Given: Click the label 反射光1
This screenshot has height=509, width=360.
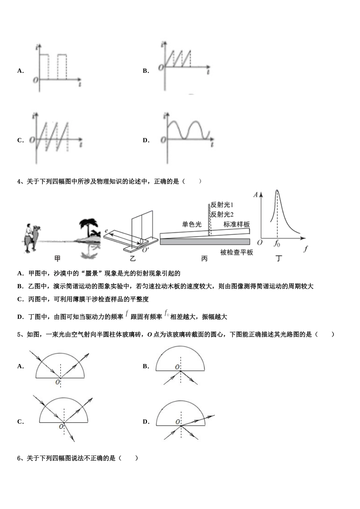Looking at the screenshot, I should point(222,205).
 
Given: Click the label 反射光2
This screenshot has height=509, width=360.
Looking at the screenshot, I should point(222,214).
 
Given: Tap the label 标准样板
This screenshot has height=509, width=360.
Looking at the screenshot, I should point(236,224).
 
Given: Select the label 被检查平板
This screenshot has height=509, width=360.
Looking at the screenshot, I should point(236,252).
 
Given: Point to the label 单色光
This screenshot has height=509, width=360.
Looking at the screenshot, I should point(191,224).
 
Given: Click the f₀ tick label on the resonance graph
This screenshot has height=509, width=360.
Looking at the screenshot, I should point(277,244).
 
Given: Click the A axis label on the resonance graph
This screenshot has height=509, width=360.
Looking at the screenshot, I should point(255,195).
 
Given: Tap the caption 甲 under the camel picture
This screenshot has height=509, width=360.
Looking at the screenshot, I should point(57,259).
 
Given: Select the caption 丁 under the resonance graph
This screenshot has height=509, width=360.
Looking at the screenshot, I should point(279,259).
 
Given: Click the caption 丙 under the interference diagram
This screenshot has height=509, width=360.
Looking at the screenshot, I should point(204,259).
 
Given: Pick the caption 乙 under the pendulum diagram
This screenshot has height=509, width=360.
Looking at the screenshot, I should point(133,259).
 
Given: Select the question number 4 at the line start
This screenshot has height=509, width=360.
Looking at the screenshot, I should point(19,181).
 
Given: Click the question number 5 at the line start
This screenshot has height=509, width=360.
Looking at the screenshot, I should point(19,334).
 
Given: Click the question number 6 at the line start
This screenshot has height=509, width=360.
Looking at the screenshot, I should point(19,458).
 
